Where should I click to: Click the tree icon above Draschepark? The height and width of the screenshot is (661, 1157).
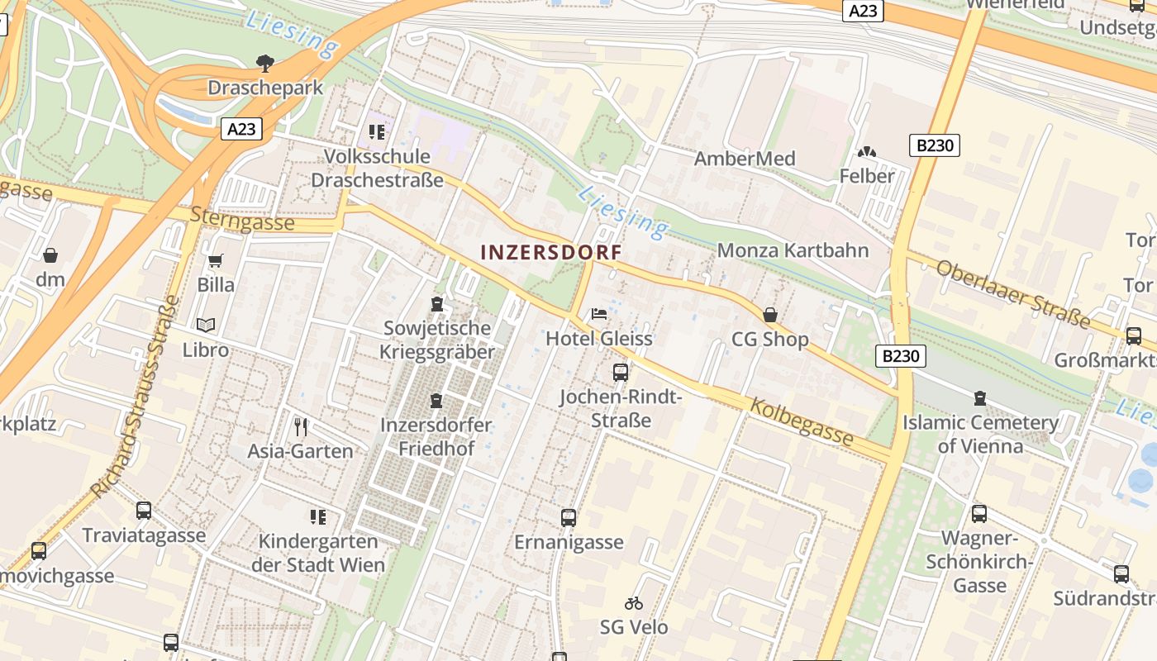(x=265, y=62)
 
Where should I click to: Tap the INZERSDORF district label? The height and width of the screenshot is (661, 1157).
(x=550, y=252)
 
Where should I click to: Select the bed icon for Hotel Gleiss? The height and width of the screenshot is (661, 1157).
(x=599, y=314)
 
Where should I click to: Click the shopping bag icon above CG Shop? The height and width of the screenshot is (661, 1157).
(x=770, y=315)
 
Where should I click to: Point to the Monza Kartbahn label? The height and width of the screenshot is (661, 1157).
(x=793, y=250)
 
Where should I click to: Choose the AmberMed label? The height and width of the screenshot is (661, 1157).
(x=745, y=159)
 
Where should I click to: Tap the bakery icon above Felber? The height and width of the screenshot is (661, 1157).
(x=867, y=152)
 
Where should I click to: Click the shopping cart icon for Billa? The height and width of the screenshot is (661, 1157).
(x=216, y=261)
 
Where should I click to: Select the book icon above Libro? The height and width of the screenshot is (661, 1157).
(x=206, y=326)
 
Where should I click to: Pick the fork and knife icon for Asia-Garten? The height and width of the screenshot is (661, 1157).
(x=301, y=427)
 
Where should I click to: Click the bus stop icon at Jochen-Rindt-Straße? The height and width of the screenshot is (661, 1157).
(x=621, y=373)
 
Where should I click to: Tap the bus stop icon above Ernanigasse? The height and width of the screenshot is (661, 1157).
(x=569, y=518)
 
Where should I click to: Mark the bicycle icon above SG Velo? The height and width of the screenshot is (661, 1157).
(x=634, y=603)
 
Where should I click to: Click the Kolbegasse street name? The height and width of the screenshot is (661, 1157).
(x=801, y=421)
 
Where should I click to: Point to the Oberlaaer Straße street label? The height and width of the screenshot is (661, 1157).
(x=1012, y=293)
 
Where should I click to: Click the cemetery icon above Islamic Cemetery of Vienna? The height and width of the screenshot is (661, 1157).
(x=980, y=398)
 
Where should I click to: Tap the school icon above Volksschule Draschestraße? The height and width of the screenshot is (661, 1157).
(x=377, y=132)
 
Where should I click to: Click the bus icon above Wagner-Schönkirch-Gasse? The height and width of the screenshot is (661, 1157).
(x=979, y=514)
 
